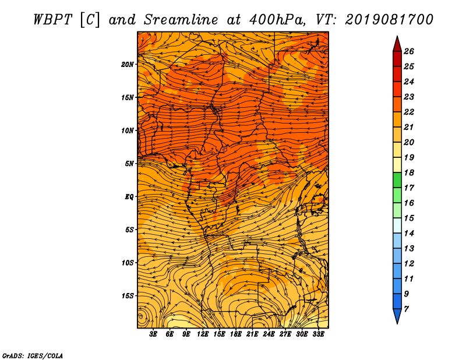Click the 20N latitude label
click(x=128, y=65)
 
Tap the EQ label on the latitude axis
click(x=129, y=197)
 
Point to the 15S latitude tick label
click(x=128, y=296)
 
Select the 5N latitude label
click(x=129, y=164)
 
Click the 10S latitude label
click(x=128, y=263)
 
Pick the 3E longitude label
click(x=153, y=334)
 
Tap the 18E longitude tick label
click(x=236, y=334)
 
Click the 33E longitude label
click(x=318, y=334)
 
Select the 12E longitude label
click(x=203, y=334)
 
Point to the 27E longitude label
click(x=285, y=334)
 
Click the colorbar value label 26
click(x=409, y=51)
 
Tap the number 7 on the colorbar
click(x=406, y=309)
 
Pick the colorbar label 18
click(x=409, y=172)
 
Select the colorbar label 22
click(x=409, y=112)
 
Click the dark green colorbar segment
click(x=397, y=180)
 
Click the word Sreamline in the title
click(x=181, y=20)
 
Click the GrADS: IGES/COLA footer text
click(x=33, y=356)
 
